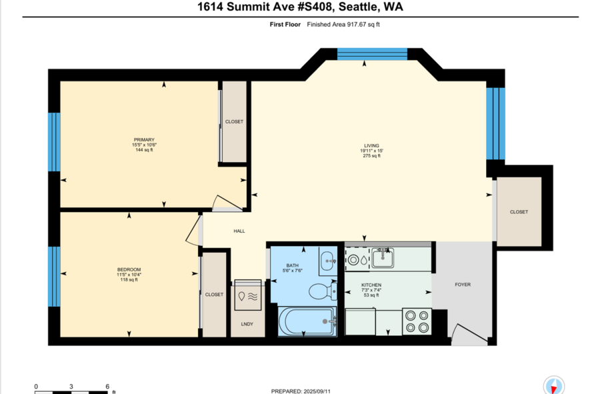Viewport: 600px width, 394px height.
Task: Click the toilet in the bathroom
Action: [323, 291]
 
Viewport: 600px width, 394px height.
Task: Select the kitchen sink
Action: [383, 257]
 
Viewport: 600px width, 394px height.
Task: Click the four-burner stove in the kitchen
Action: [417, 321]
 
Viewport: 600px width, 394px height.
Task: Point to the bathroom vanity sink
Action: [328, 261]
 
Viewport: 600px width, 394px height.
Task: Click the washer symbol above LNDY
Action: [248, 295]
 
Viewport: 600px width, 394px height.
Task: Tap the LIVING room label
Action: [371, 146]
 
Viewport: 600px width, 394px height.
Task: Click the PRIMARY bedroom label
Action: [144, 139]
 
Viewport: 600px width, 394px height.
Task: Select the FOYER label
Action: [463, 285]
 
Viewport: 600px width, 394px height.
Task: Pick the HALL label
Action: [239, 231]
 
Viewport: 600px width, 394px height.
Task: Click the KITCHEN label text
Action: [371, 285]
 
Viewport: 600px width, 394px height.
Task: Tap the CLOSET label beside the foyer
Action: [519, 212]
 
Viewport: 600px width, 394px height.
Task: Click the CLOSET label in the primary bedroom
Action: [234, 121]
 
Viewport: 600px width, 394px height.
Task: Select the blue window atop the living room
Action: [372, 54]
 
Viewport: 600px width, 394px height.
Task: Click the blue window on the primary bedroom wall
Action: [54, 142]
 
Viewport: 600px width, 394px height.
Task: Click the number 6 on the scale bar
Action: [107, 387]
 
